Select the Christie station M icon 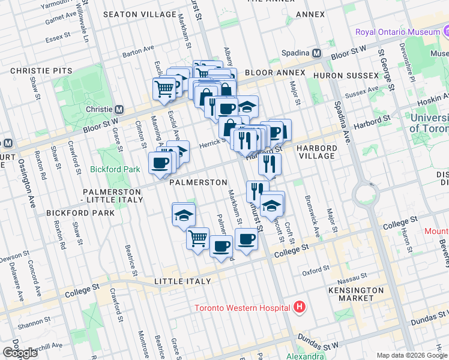[x=119, y=109]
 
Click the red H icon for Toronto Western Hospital [x=300, y=308]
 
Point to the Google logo [x=20, y=353]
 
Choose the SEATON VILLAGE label [x=134, y=14]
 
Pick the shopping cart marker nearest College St [x=197, y=238]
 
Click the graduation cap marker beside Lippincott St [x=272, y=204]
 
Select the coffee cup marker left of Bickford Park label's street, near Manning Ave [x=160, y=163]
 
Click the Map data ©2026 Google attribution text [x=411, y=355]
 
